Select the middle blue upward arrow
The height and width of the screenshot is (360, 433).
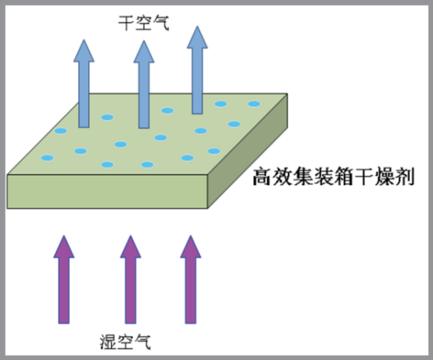coord(144,85)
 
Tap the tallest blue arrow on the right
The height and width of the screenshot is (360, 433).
coord(197,70)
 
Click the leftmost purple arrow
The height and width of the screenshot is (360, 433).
coord(64,279)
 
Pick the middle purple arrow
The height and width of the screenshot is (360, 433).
coord(131,279)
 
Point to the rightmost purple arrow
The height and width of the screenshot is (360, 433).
coord(191,279)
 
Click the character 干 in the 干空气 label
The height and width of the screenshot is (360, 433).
coord(127,23)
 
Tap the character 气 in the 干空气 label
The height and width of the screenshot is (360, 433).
coord(161,23)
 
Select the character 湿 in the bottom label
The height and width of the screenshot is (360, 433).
coord(108,342)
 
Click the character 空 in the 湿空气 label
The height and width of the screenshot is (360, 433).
coord(126,342)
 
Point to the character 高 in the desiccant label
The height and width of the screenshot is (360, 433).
coord(262,177)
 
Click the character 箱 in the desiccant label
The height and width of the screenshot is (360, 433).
coord(343,177)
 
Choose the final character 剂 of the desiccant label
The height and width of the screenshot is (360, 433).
coord(405,177)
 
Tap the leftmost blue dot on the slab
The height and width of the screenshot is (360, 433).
coord(47,158)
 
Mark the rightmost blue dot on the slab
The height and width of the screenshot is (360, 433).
coord(254,104)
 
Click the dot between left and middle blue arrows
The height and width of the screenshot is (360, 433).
coord(108,118)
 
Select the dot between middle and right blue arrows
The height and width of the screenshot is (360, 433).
coord(168,111)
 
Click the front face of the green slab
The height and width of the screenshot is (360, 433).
coord(107,192)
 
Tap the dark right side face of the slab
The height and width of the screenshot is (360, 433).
coord(247,151)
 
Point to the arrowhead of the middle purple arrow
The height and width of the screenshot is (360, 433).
coord(131,247)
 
